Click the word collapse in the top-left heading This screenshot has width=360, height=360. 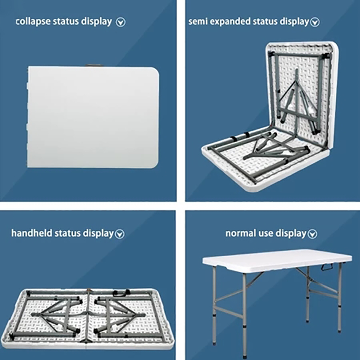33,22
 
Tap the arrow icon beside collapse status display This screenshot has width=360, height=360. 121,22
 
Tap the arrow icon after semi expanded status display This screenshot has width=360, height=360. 315,22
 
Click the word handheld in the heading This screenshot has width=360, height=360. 31,233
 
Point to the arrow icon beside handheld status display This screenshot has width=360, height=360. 120,234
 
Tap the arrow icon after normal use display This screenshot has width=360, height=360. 312,234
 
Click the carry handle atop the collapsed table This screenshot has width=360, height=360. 93,65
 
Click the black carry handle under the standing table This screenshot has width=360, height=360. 327,267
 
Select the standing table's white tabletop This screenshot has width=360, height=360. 277,260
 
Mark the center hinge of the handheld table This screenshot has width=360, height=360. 87,318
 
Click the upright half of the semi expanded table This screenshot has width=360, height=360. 301,94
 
